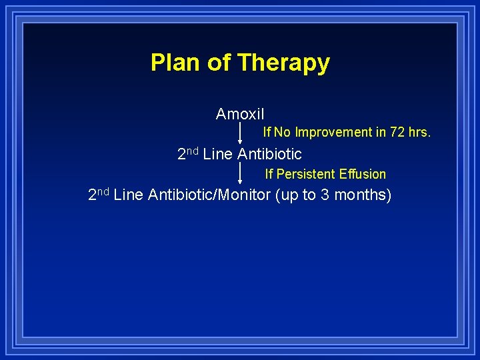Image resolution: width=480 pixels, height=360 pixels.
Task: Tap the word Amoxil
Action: [x=240, y=115]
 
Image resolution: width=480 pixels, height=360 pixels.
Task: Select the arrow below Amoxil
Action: [x=240, y=132]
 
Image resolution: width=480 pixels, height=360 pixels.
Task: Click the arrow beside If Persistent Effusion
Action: [x=240, y=173]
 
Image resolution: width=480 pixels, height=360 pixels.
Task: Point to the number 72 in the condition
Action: [x=397, y=132]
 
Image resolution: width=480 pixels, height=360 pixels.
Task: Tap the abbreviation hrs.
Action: [x=420, y=132]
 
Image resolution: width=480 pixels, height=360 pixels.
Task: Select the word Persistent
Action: [x=307, y=174]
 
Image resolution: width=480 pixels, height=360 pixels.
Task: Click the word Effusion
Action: [x=364, y=174]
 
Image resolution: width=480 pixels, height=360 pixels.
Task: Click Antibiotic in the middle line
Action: [x=269, y=155]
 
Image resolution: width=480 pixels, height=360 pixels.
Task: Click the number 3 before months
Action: [x=325, y=195]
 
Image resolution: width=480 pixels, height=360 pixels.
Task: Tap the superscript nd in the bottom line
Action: [x=103, y=192]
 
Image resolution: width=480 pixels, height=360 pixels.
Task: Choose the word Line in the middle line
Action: [x=217, y=155]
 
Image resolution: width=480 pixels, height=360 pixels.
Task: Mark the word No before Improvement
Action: [x=283, y=132]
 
